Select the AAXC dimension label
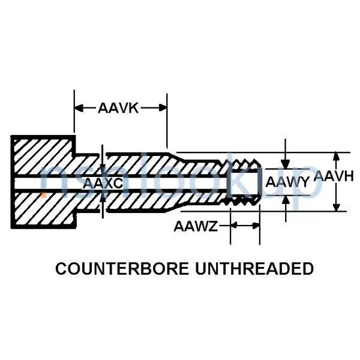pyautogui.click(x=103, y=184)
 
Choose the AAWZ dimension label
pyautogui.click(x=196, y=226)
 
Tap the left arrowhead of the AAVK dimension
pyautogui.click(x=77, y=108)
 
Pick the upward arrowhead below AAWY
pyautogui.click(x=286, y=200)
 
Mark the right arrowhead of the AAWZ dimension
pyautogui.click(x=256, y=226)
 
